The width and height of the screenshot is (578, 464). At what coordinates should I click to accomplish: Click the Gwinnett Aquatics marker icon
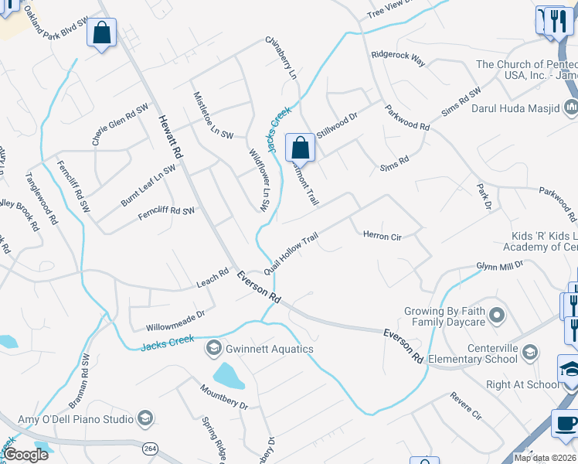(212, 349)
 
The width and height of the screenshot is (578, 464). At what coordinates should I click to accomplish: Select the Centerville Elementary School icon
(529, 353)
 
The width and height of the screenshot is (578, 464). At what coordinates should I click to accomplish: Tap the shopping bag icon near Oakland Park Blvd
(101, 33)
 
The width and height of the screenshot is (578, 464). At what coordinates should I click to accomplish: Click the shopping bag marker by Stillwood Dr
(300, 147)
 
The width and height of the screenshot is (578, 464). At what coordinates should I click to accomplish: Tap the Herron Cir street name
(382, 236)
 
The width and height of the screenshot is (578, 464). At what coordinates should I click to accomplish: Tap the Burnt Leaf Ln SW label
(148, 185)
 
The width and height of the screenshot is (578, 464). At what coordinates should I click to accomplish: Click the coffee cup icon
(565, 424)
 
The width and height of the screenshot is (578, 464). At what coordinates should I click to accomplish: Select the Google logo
(25, 455)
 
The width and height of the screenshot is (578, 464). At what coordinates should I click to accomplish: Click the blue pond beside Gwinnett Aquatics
(228, 376)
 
